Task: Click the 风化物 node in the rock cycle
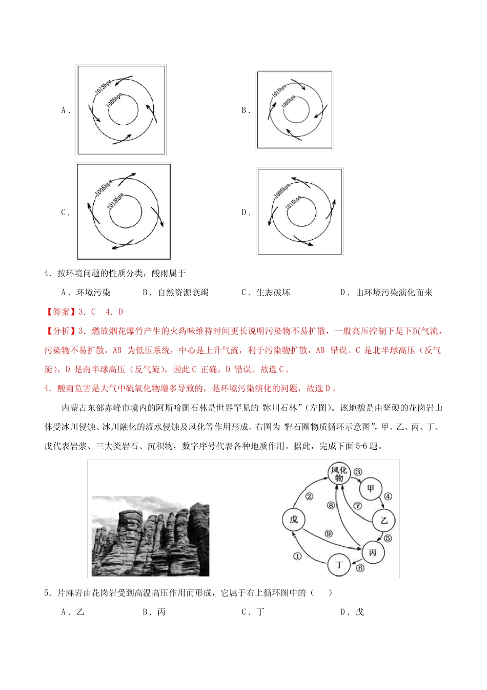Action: click(339, 473)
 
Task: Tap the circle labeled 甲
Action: click(370, 489)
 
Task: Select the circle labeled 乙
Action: click(384, 521)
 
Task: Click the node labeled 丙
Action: click(372, 552)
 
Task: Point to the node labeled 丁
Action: click(339, 565)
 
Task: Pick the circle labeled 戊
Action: click(294, 520)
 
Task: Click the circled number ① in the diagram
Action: click(297, 556)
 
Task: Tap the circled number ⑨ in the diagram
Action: click(329, 533)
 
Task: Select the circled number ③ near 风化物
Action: click(358, 472)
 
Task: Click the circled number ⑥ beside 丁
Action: click(360, 568)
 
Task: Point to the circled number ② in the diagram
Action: click(309, 496)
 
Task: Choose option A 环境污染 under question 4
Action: click(86, 293)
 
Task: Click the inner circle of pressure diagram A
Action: click(123, 109)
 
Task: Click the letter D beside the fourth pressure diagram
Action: click(245, 213)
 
